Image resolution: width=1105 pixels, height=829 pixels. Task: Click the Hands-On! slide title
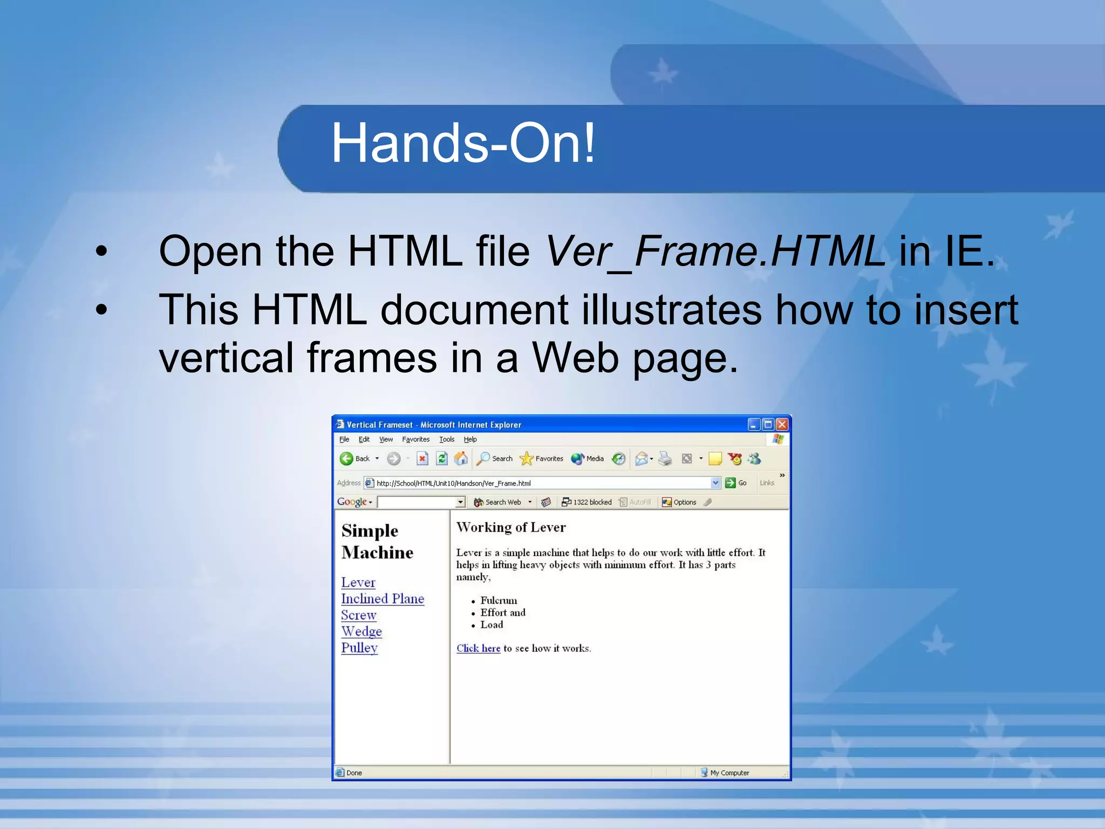pos(463,144)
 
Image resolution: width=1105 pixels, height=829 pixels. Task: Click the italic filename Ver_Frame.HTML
pos(714,252)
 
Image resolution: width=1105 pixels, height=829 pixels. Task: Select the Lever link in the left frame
pos(358,583)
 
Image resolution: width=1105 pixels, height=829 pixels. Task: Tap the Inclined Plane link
pos(383,599)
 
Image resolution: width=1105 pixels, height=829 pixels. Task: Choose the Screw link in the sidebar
pos(359,615)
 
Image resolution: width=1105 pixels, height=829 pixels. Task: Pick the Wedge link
pos(361,631)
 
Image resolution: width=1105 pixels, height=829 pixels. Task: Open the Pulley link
pos(359,648)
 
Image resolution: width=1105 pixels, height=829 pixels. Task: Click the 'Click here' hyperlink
pos(478,649)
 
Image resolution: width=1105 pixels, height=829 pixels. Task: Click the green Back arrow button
pos(347,459)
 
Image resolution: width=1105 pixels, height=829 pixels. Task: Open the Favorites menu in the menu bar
pos(415,439)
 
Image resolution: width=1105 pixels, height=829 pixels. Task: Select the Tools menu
pos(447,439)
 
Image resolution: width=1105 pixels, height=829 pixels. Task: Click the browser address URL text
pos(453,484)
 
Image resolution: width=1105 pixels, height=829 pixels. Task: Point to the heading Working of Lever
pos(511,528)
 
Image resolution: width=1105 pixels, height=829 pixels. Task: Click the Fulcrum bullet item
pos(499,601)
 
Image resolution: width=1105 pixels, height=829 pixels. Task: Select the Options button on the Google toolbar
pos(679,502)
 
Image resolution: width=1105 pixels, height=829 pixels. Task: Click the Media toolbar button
pos(588,459)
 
